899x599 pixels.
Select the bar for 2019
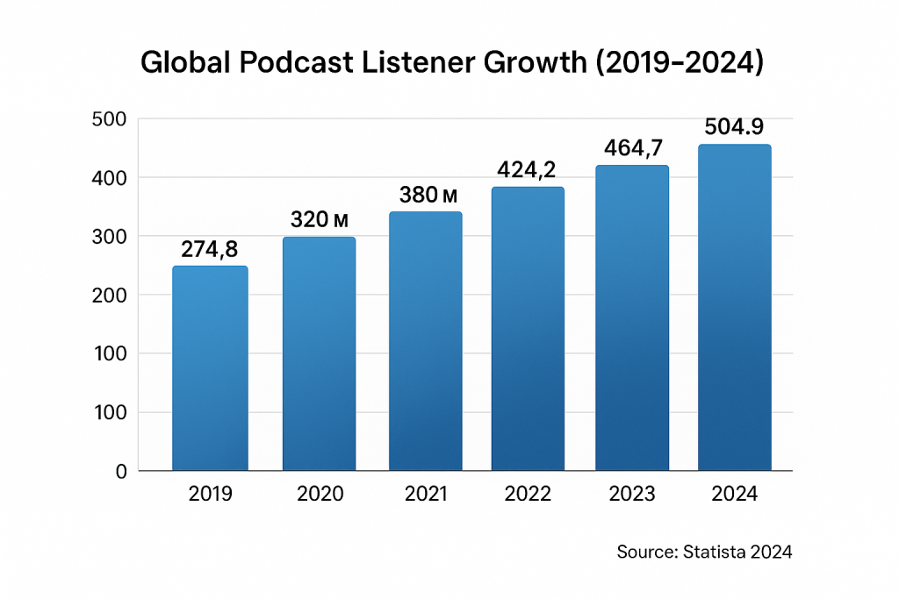pos(210,368)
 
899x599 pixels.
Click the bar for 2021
pos(425,341)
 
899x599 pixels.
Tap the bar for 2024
pos(734,308)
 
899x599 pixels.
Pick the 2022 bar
pos(528,329)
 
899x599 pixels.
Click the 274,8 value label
pos(210,250)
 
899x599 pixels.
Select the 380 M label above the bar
pos(425,196)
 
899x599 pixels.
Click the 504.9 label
pos(734,127)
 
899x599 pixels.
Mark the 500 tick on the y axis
pos(110,119)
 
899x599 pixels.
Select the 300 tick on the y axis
pos(110,237)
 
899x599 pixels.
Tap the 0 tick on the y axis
pos(121,471)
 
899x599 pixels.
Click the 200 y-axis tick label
pos(110,296)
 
